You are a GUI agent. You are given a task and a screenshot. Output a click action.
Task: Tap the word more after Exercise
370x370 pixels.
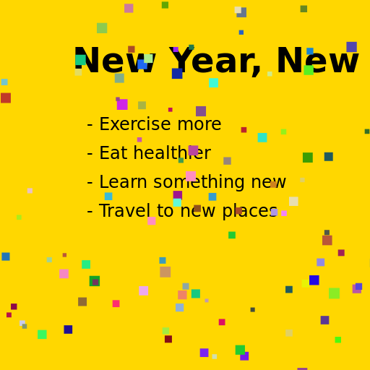(197, 125)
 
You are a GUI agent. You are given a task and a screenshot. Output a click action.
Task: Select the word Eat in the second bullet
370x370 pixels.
(112, 154)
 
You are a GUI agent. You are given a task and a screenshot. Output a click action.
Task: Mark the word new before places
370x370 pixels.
(197, 212)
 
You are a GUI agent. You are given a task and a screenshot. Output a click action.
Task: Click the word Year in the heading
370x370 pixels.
(214, 62)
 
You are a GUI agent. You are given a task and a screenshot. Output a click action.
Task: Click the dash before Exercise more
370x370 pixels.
(90, 125)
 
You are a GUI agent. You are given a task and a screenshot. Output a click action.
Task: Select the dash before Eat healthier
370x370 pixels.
(90, 154)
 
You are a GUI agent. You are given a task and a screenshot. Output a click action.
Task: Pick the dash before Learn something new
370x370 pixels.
(90, 183)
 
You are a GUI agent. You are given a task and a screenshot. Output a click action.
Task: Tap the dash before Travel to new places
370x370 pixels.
(90, 212)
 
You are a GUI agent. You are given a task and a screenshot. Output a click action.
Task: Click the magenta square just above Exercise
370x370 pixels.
(122, 105)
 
